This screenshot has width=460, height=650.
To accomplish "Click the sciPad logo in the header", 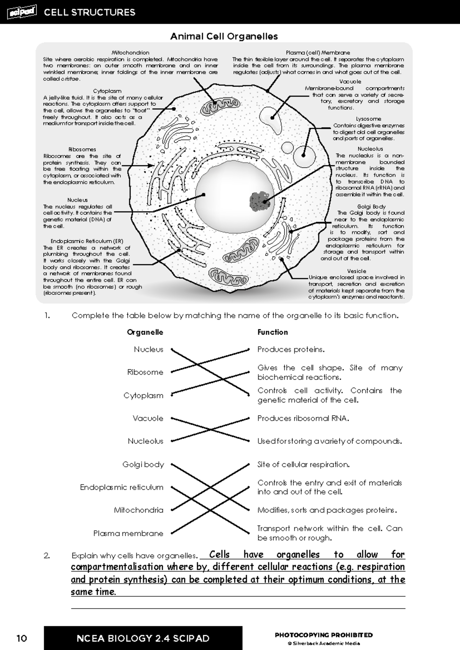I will [x=21, y=12].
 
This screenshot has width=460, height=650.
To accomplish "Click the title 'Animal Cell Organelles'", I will [x=224, y=36].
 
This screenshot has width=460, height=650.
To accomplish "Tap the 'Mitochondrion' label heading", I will [x=130, y=53].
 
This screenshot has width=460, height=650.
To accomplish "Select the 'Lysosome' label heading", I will [x=368, y=119].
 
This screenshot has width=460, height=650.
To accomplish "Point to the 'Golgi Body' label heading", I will [x=371, y=207].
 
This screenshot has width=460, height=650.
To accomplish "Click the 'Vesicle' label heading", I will [x=356, y=271].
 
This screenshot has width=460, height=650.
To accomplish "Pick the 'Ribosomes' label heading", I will [x=82, y=149].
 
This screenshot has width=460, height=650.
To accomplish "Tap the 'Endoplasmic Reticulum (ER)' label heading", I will [x=87, y=241].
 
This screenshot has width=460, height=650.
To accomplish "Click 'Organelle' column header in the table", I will [x=145, y=332].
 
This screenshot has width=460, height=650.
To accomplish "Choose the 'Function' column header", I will [x=273, y=332].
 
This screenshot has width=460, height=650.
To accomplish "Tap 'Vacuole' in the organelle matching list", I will [x=148, y=419].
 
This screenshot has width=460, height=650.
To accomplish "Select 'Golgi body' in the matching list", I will [x=143, y=465].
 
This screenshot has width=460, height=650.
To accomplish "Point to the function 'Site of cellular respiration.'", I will [x=303, y=465].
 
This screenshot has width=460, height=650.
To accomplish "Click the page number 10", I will [x=22, y=639].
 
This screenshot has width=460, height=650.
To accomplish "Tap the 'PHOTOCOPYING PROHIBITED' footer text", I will [x=324, y=635].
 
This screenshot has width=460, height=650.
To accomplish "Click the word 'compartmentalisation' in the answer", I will [x=112, y=567].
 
